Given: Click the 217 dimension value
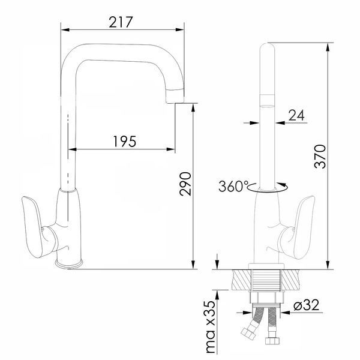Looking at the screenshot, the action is point(121,22).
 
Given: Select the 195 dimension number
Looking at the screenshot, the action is point(125,141).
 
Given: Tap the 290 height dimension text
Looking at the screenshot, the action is point(185,184).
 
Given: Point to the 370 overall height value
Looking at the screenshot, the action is point(320,157).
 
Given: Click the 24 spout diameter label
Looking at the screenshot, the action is point(296,115).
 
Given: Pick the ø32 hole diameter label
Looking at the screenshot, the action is point(307,305).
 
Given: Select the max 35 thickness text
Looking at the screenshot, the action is point(211,327).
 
